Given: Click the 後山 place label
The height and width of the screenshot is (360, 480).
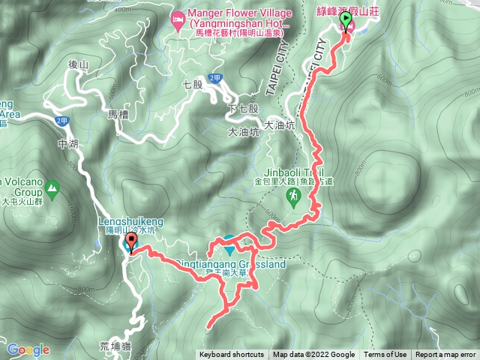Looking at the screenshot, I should point(78,65).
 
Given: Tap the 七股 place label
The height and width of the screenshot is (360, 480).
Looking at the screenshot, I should point(193,85).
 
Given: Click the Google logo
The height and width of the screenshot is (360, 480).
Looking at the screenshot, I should point(28,349).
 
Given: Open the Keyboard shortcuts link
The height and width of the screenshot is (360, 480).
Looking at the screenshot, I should point(232,355).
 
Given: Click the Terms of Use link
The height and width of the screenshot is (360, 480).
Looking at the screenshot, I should point(385,355).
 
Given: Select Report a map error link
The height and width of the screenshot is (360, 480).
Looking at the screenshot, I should point(445,355).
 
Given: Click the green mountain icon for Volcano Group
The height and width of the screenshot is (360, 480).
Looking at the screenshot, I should point(52,187).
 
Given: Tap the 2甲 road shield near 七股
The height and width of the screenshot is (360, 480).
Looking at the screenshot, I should point(215,77).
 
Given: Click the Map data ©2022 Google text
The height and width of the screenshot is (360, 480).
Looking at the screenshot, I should point(313,355).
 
